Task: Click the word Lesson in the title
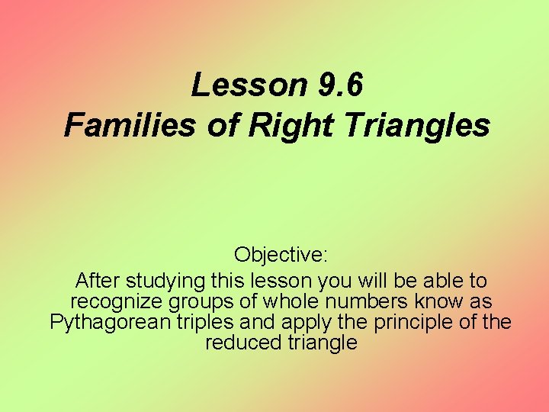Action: (248, 85)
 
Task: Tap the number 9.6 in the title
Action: (338, 85)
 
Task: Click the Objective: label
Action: (281, 254)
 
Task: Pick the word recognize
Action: (117, 301)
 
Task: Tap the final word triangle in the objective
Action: (323, 343)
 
